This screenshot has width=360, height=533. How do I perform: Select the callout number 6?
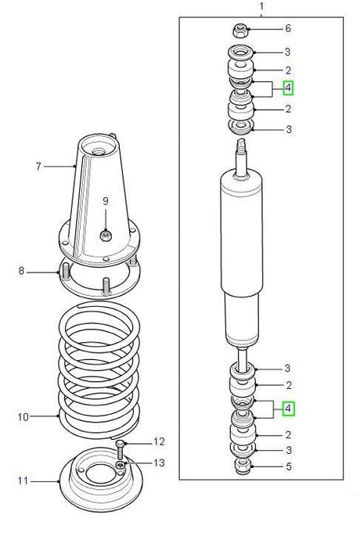pyautogui.click(x=288, y=29)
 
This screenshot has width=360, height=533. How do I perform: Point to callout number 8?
pyautogui.click(x=22, y=272)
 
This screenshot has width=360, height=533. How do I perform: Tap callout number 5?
pyautogui.click(x=288, y=467)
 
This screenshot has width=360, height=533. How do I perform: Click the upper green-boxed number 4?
pyautogui.click(x=288, y=87)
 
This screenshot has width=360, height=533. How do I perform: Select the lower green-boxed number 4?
pyautogui.click(x=288, y=408)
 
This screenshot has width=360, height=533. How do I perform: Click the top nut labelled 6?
pyautogui.click(x=242, y=31)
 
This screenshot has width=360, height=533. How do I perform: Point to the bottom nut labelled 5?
pyautogui.click(x=242, y=467)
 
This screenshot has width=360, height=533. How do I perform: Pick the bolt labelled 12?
pyautogui.click(x=120, y=448)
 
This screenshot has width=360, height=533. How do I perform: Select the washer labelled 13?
pyautogui.click(x=121, y=466)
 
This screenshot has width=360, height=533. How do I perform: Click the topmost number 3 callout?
pyautogui.click(x=288, y=52)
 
